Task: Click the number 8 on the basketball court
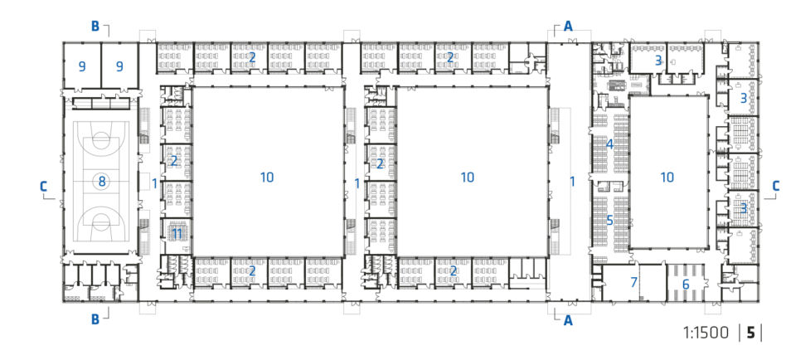coord(102,182)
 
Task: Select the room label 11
coord(177,233)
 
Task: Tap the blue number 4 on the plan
coord(609,144)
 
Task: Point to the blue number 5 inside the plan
coord(609,220)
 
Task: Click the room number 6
coord(685,285)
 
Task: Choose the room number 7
coord(633,282)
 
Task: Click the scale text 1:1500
coord(706,333)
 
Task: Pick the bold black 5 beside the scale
coord(750,333)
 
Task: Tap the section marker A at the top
coord(568,26)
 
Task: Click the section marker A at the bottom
coord(568,320)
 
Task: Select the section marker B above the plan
coord(95,26)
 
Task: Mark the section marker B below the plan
coord(95,319)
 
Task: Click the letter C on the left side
coord(44,187)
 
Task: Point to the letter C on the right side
coord(775,186)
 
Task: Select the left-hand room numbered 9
coord(82,66)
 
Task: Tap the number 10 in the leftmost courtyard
coord(267,177)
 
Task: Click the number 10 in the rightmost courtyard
coord(667,177)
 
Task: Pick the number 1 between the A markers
coord(572,182)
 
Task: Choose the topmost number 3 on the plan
coord(658,61)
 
